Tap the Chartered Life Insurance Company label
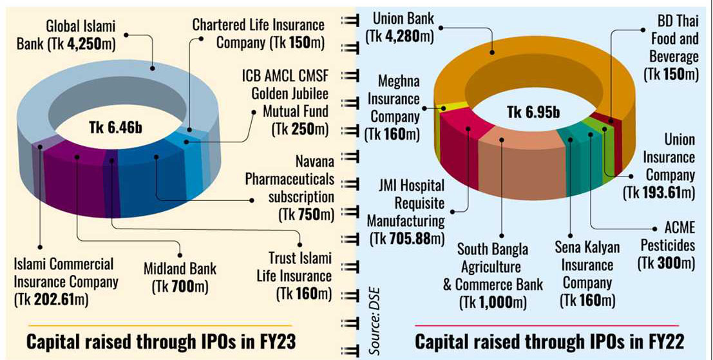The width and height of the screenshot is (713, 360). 258,34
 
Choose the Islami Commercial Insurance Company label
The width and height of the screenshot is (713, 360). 64,281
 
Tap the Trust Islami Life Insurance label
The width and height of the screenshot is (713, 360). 300,276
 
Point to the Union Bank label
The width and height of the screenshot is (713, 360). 403,27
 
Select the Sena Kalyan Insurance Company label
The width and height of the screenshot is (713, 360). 587,273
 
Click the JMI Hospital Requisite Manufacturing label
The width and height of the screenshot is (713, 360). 406,212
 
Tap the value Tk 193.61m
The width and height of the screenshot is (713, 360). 664,192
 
